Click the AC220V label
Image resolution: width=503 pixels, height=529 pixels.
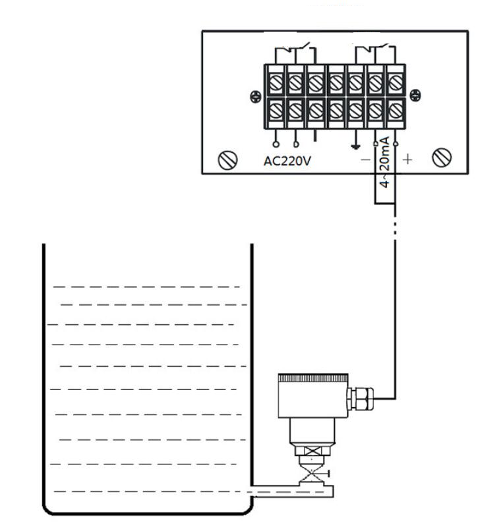(287, 161)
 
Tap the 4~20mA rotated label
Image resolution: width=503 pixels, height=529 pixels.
(385, 162)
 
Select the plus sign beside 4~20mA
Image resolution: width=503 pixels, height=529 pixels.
(407, 159)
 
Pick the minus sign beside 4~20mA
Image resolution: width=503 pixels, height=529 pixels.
(366, 159)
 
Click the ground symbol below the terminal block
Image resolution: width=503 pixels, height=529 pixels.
(355, 146)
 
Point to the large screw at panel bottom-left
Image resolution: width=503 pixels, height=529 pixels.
(228, 160)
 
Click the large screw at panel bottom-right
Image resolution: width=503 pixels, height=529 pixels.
(442, 157)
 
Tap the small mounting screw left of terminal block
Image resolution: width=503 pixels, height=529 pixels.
(256, 97)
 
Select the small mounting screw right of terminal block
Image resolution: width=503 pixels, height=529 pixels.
(415, 96)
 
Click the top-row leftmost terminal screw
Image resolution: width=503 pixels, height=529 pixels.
(276, 82)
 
